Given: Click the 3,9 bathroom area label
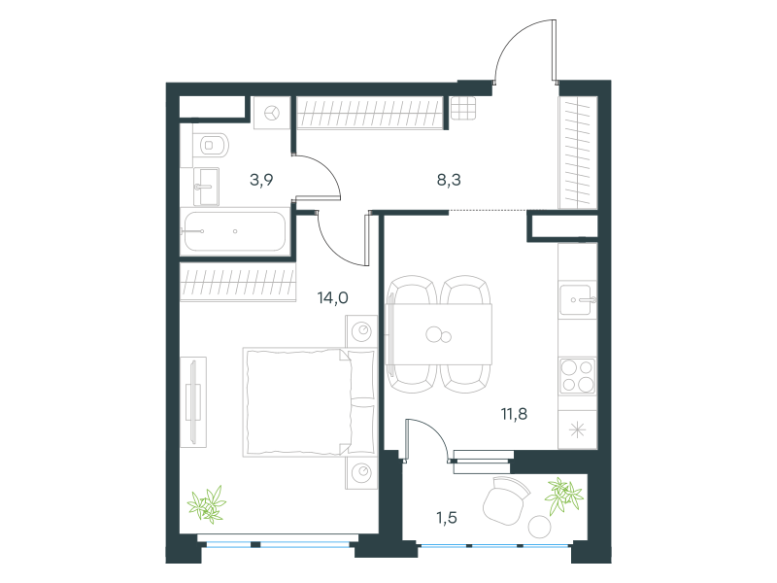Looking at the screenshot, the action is pos(261,180).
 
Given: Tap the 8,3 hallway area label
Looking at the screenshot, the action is pos(449,180).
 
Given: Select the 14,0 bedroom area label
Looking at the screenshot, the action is pos(332,297).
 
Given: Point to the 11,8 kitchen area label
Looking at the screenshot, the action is pos(514,414).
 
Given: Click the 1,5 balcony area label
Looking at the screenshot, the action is pos(446,518).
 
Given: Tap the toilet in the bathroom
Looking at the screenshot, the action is pos(211,145).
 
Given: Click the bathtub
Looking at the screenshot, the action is pos(233,231).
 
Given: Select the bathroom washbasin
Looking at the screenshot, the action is pos(206,187).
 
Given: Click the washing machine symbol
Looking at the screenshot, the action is pos(272,113).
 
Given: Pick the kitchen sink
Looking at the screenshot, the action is pos(577,299).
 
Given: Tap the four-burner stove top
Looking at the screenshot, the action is pos(577,376).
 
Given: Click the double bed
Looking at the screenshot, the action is pos(310,401).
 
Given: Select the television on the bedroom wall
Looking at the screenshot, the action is pos(193,402).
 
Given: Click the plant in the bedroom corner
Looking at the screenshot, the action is pos(207,504).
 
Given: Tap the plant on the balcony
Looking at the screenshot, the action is pos(563,496).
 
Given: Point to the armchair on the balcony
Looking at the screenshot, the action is pos(505,500).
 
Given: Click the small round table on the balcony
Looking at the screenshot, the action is pos(540,527).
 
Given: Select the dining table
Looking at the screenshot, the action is pos(439,334).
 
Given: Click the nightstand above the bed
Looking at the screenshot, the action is pos(361,331).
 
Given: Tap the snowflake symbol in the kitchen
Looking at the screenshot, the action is pos(577,429).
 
